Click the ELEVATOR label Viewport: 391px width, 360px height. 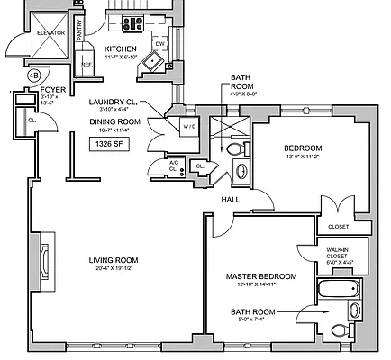[x=51, y=32]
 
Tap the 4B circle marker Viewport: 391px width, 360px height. [x=33, y=76]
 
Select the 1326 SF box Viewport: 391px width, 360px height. [x=106, y=142]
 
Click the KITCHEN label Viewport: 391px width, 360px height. [x=121, y=49]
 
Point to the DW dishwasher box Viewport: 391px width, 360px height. [x=159, y=43]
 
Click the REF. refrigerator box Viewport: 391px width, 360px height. [x=87, y=64]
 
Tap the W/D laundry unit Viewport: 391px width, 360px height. [x=189, y=127]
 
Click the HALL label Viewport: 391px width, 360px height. [x=231, y=200]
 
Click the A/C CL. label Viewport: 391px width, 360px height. [x=174, y=166]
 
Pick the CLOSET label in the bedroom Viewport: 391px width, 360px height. [x=339, y=226]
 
